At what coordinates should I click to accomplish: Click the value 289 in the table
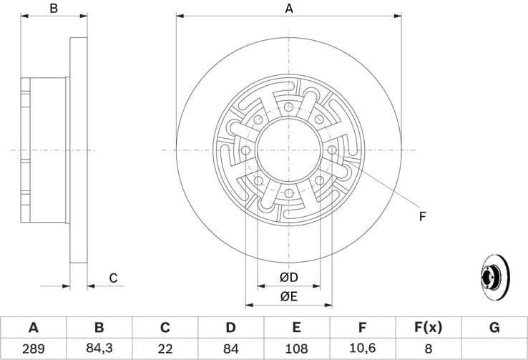[x=33, y=349]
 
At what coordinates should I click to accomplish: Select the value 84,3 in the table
[x=99, y=349]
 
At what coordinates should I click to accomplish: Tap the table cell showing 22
[x=165, y=349]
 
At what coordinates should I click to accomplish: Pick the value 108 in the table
[x=297, y=349]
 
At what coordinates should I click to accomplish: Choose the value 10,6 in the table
[x=363, y=349]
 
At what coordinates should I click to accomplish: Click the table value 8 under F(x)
[x=429, y=349]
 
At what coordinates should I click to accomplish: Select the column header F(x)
[x=429, y=328]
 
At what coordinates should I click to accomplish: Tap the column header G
[x=494, y=328]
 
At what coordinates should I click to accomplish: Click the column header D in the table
[x=230, y=328]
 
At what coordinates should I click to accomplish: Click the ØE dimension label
[x=288, y=296]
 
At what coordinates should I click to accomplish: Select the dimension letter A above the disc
[x=289, y=9]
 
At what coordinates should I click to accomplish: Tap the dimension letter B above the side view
[x=53, y=9]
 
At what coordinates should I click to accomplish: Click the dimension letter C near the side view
[x=113, y=278]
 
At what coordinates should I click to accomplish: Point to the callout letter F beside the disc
[x=422, y=216]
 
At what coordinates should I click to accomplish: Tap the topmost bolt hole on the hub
[x=289, y=107]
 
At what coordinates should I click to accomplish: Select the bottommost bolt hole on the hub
[x=289, y=194]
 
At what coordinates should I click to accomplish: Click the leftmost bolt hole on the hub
[x=245, y=150]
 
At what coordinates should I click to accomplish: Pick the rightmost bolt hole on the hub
[x=333, y=150]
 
